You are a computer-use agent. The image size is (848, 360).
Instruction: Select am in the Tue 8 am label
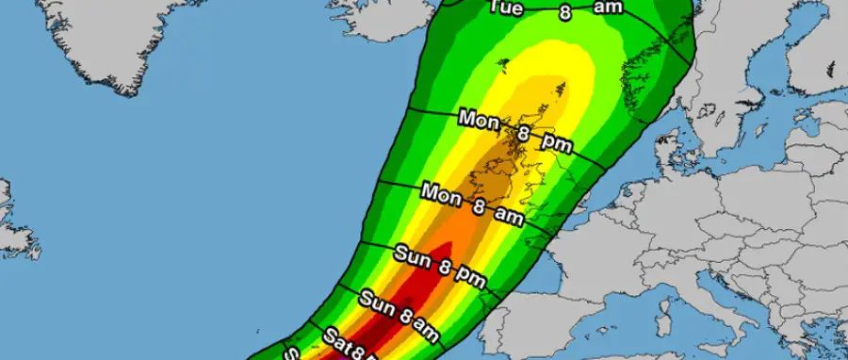coord(608,8)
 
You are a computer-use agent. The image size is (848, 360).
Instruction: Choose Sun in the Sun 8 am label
coord(377,302)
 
